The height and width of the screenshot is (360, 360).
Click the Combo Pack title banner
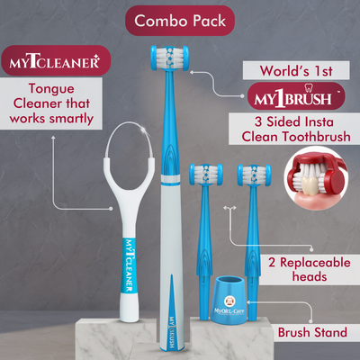[x=180, y=19]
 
